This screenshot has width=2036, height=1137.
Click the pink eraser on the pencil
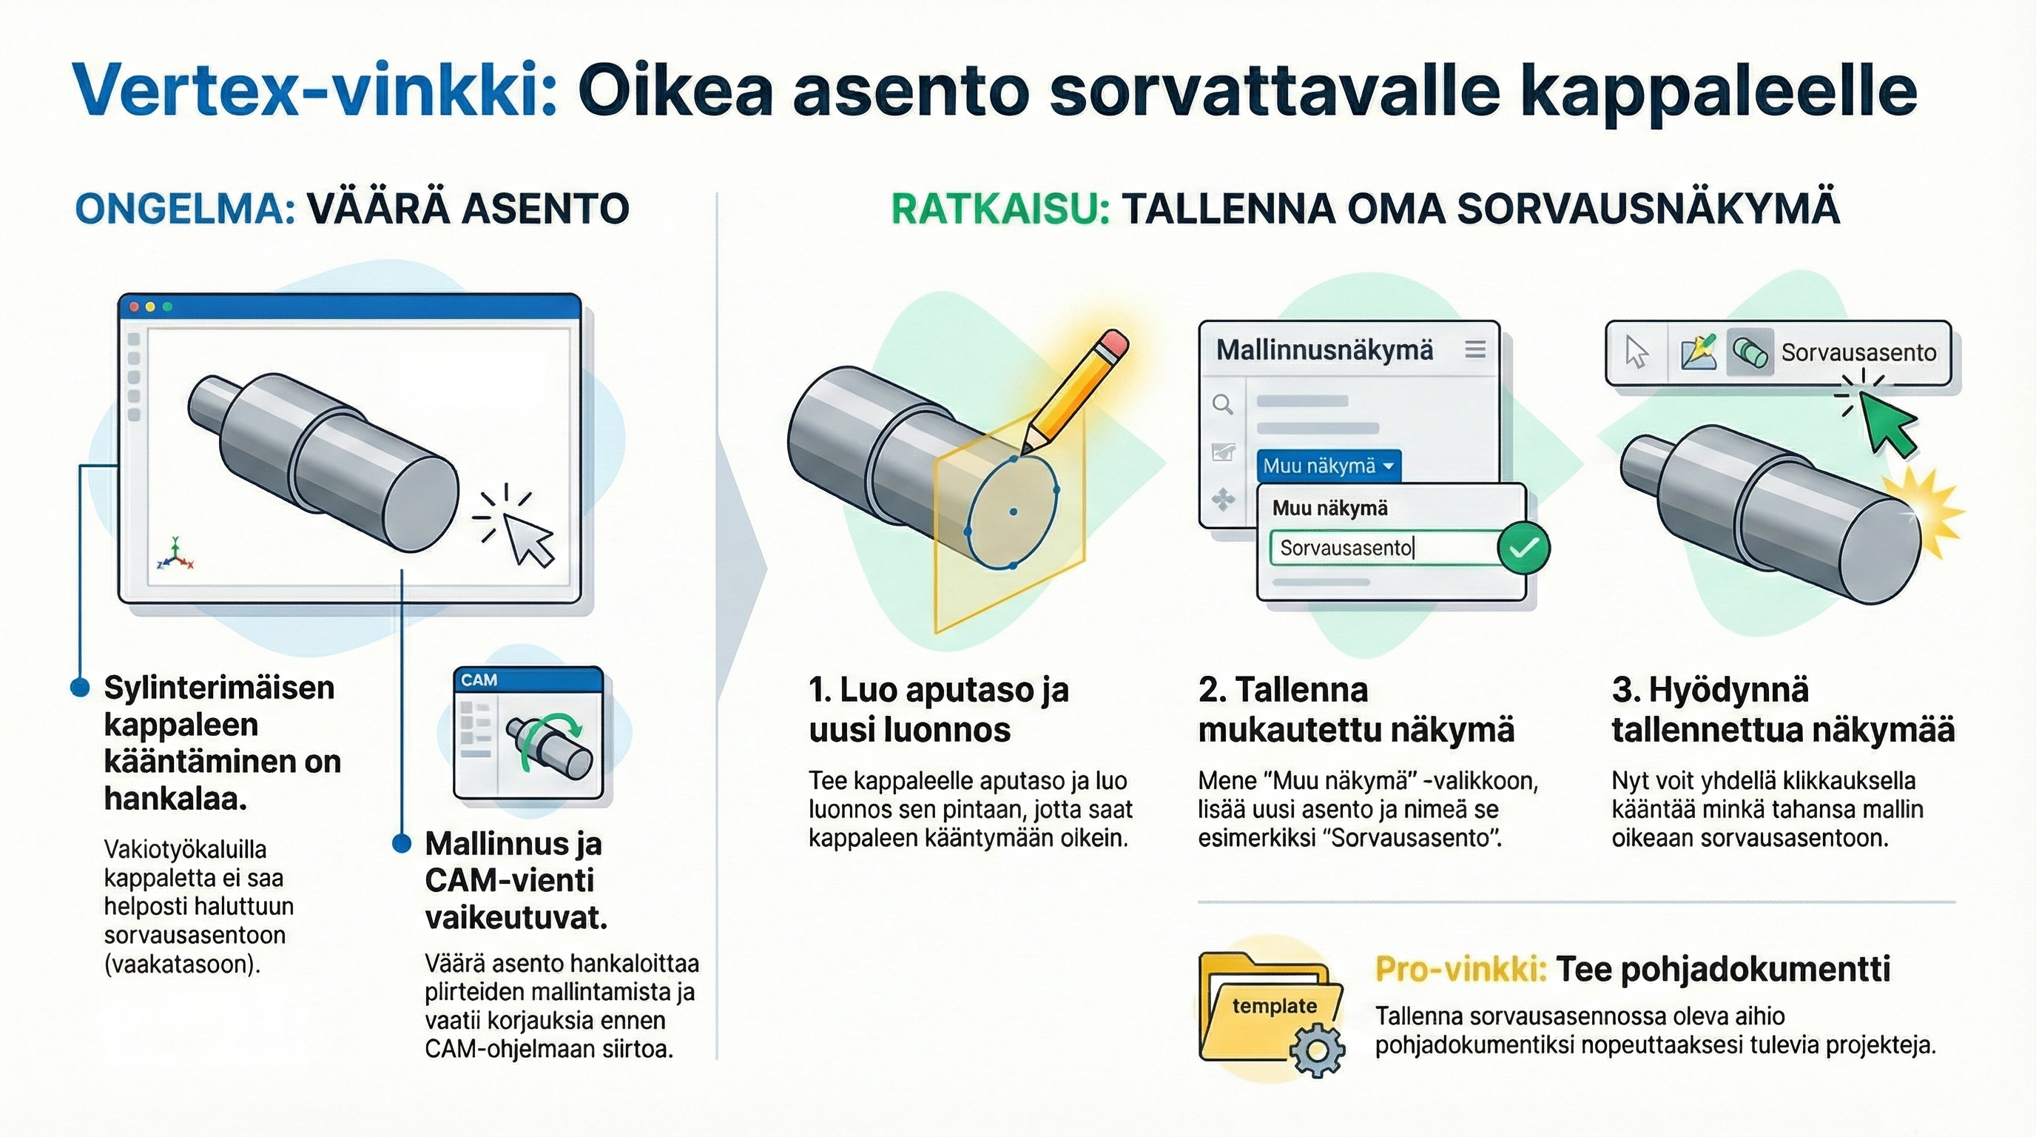coord(1113,346)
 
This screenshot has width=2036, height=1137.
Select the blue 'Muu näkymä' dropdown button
coord(1328,466)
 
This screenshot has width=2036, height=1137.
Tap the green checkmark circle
coord(1523,547)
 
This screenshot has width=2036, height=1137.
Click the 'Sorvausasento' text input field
coord(1383,548)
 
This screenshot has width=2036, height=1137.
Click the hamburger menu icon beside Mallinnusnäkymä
coord(1474,349)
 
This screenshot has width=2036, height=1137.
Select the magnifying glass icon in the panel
coord(1223,405)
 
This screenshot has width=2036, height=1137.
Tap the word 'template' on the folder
coord(1274,1006)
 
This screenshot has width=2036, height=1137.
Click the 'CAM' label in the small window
coord(479,680)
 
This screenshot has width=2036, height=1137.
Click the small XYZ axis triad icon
coord(175,555)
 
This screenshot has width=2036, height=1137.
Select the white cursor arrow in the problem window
coord(528,537)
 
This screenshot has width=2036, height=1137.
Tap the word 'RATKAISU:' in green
coord(1000,209)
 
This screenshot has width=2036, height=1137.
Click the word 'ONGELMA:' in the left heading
coord(185,209)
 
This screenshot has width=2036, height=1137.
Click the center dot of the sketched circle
coord(1014,512)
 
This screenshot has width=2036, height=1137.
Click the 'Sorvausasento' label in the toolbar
coord(1858,352)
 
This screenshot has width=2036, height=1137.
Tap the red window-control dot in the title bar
coord(134,306)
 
